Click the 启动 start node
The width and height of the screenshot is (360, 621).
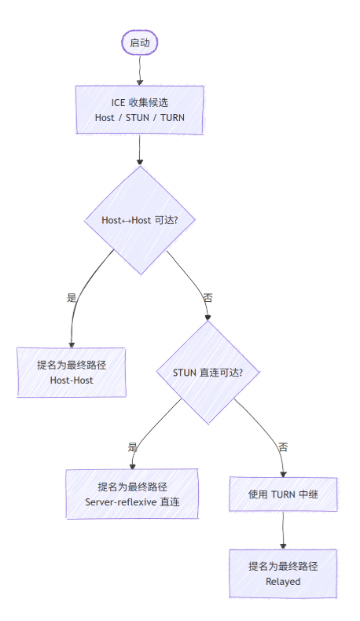[139, 42]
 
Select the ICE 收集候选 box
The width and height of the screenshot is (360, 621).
[139, 110]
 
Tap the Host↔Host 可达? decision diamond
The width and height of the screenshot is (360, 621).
[139, 220]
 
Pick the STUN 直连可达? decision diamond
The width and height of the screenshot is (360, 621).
[208, 372]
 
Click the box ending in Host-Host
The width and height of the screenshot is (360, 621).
[71, 372]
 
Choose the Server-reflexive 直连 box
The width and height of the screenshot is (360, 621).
[132, 494]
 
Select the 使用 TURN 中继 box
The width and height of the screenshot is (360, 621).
[283, 494]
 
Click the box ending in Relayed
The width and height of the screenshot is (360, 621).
[283, 574]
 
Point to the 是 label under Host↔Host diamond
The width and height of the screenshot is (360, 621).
[72, 298]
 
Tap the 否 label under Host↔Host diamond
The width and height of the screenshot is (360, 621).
[208, 298]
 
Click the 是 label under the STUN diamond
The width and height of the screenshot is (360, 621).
[133, 446]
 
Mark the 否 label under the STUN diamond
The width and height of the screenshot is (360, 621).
[283, 446]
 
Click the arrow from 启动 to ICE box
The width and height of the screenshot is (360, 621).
[139, 70]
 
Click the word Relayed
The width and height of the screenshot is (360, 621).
[283, 582]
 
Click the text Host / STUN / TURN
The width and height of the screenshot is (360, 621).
[139, 118]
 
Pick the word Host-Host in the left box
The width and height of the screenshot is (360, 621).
[71, 380]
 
